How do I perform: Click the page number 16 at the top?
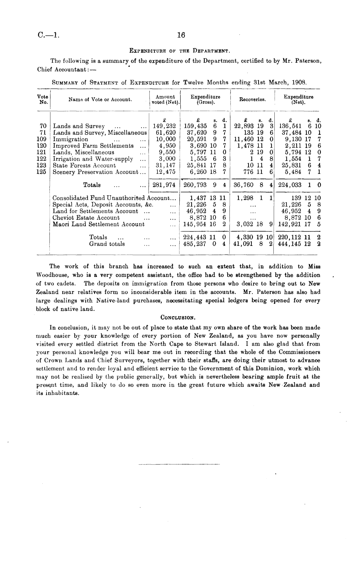tap(181, 35)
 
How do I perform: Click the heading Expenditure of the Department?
tap(180, 51)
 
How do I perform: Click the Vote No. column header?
tap(43, 99)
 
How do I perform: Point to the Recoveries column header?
tap(252, 99)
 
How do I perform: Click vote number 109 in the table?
tap(42, 139)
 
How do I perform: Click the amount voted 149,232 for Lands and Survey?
tap(164, 126)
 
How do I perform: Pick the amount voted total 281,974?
tap(164, 185)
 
